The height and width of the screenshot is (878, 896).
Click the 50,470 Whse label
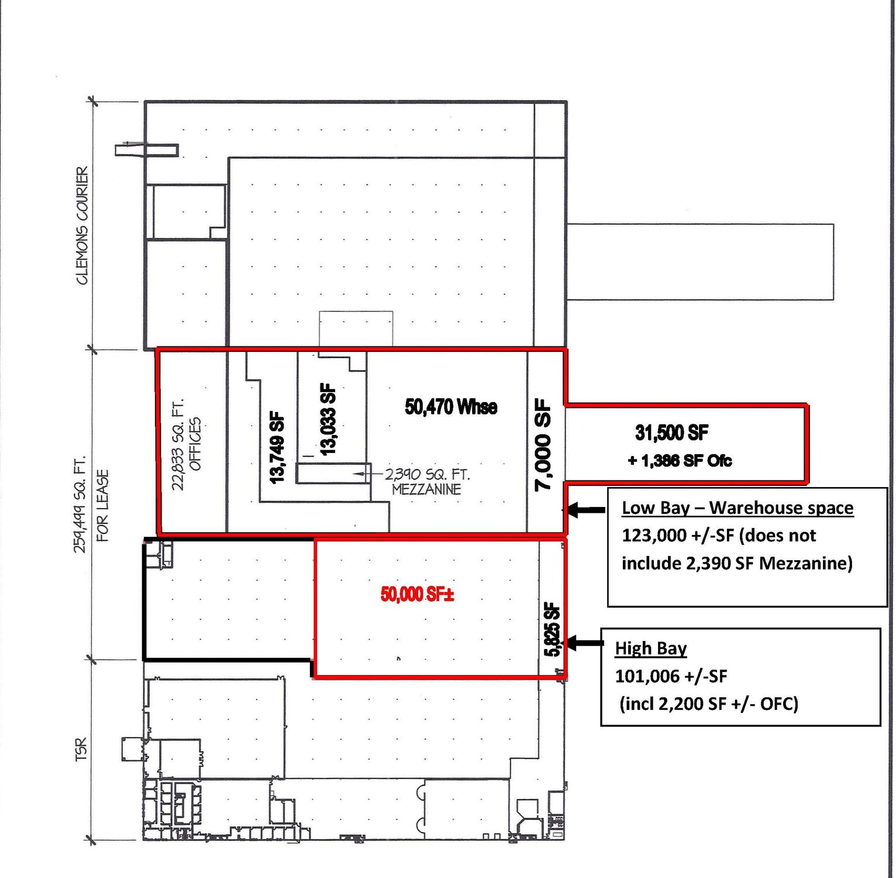tap(451, 406)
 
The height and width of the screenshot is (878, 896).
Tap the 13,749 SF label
tap(277, 448)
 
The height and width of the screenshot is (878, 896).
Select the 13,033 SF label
tap(329, 419)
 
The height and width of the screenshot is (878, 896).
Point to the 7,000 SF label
tap(543, 444)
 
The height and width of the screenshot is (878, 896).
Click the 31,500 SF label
tap(671, 433)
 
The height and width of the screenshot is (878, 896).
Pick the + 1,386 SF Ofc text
tap(680, 461)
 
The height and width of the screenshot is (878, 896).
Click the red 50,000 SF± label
tap(418, 594)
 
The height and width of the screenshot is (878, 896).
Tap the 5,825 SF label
tap(553, 629)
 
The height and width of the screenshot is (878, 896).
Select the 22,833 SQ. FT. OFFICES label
tap(187, 444)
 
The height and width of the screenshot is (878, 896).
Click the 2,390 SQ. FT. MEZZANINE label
tap(427, 481)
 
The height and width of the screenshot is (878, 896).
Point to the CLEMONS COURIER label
tap(82, 225)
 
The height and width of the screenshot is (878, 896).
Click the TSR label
tap(81, 750)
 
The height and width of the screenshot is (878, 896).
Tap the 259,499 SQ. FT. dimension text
tap(80, 505)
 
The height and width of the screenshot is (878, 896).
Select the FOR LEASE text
tap(102, 505)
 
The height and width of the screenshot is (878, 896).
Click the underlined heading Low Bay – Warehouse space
tap(738, 508)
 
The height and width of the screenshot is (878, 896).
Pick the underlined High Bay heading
tap(651, 649)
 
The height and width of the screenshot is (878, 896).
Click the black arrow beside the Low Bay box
tap(585, 510)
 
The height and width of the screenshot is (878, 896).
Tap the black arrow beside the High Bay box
tap(584, 643)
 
